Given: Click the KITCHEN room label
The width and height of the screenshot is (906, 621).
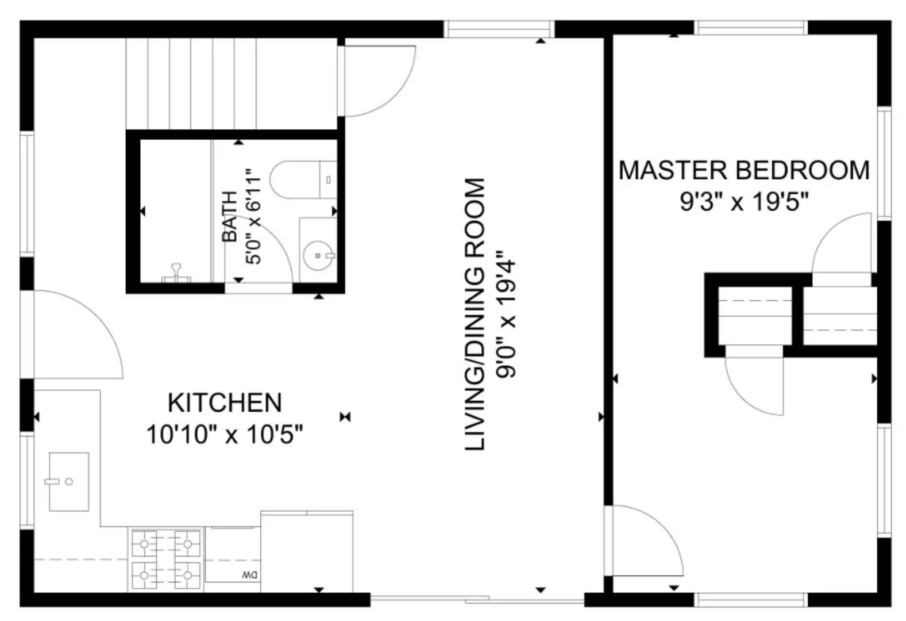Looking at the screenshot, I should coord(225,402).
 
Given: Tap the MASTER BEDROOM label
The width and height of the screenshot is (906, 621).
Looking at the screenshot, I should coord(743,171).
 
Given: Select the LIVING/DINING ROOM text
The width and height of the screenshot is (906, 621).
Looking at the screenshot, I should coord(475,314).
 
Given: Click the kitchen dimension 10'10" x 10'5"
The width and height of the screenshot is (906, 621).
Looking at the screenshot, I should coord(225,434).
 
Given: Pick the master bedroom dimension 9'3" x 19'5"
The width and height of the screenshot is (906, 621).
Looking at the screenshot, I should coord(744,202).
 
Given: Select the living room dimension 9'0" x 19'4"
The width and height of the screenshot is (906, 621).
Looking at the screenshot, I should coord(507,314).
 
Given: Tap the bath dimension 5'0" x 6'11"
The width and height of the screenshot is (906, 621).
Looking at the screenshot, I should coord(253,216).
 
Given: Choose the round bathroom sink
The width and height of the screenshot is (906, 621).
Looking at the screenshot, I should coord(318,255).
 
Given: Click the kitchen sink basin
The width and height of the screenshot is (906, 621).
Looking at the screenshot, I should coord(69,481).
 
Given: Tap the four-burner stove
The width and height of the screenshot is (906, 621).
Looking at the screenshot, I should coord(166,559).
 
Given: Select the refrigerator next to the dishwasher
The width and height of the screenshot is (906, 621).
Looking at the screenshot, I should coord(307,551).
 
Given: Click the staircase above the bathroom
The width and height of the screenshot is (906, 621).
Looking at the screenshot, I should coord(201,83).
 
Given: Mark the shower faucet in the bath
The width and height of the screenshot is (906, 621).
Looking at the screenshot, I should coord(176,272).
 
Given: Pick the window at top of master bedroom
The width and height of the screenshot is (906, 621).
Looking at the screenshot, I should coord(751,28).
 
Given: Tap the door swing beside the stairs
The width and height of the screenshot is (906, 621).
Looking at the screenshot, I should coord(376,80).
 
